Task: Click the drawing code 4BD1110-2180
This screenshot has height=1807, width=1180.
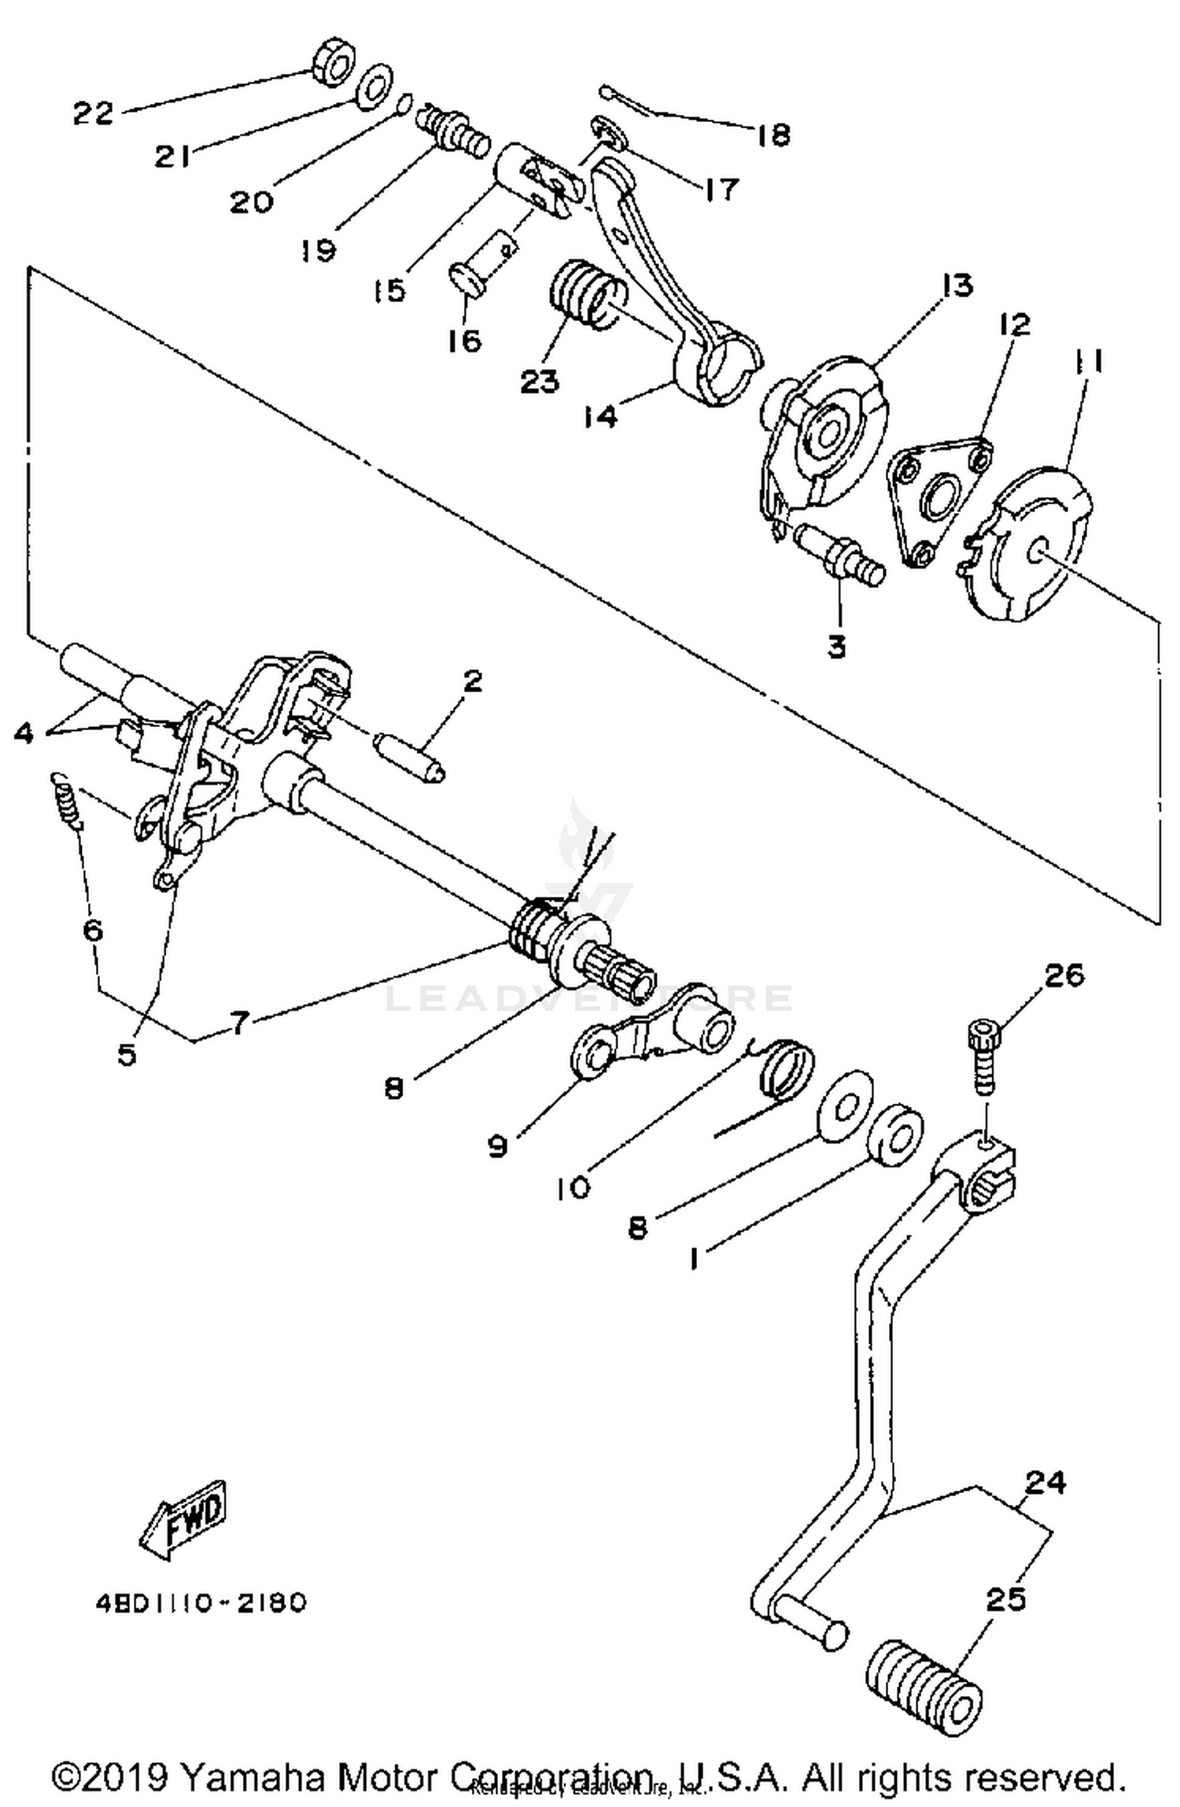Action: (x=201, y=1602)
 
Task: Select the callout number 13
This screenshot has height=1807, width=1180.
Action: (x=956, y=286)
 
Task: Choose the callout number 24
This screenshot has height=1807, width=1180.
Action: (x=1045, y=1482)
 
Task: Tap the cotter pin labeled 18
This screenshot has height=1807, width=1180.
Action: (x=629, y=103)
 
